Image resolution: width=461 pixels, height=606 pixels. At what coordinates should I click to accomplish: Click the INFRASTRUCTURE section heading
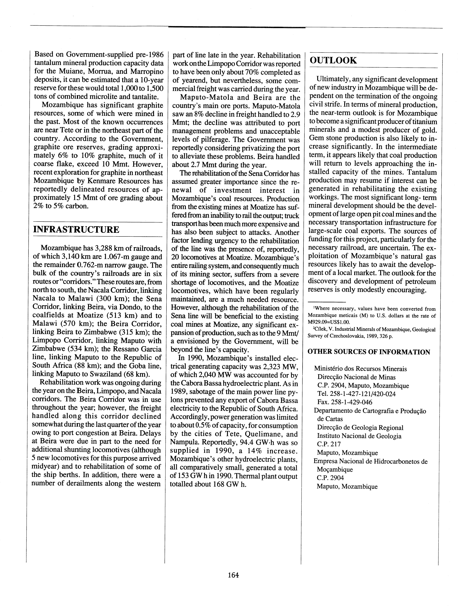point(76,229)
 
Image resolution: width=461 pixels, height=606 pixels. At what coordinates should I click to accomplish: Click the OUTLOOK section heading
point(333,60)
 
